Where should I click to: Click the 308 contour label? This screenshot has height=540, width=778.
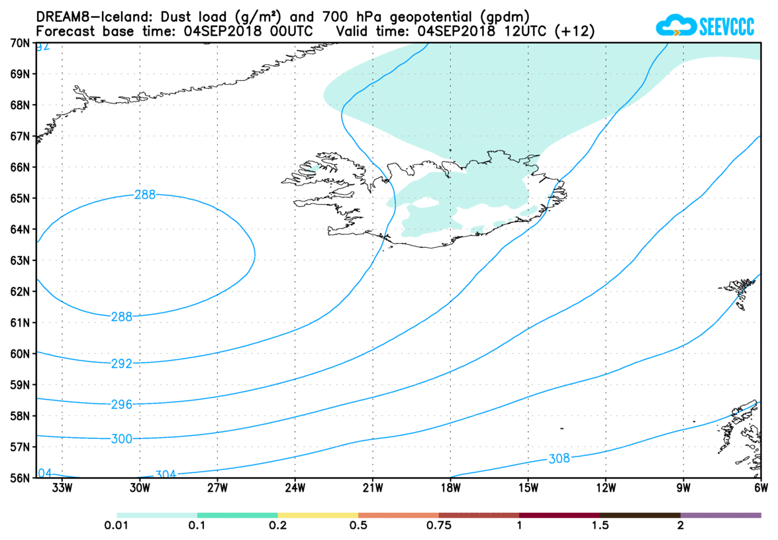[559, 459]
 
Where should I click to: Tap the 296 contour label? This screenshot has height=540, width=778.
[121, 404]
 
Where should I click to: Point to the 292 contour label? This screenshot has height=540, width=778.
[121, 363]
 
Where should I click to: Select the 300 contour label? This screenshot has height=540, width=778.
[121, 439]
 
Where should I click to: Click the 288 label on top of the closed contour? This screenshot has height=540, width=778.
[144, 195]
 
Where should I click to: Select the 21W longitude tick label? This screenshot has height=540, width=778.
[372, 489]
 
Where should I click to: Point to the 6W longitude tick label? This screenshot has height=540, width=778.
[760, 489]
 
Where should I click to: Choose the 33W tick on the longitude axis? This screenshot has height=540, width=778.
[62, 489]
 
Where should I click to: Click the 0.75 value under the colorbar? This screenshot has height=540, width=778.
[439, 526]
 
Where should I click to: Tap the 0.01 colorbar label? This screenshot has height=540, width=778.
[117, 526]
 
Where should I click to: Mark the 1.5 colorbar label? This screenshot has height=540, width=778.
[600, 526]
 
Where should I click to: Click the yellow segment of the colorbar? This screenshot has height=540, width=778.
[318, 515]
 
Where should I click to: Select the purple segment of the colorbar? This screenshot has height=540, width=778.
[720, 515]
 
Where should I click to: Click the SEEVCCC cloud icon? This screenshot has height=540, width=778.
[675, 26]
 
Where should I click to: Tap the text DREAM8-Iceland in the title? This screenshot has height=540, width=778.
[83, 16]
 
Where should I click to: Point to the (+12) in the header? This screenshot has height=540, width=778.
[577, 30]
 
